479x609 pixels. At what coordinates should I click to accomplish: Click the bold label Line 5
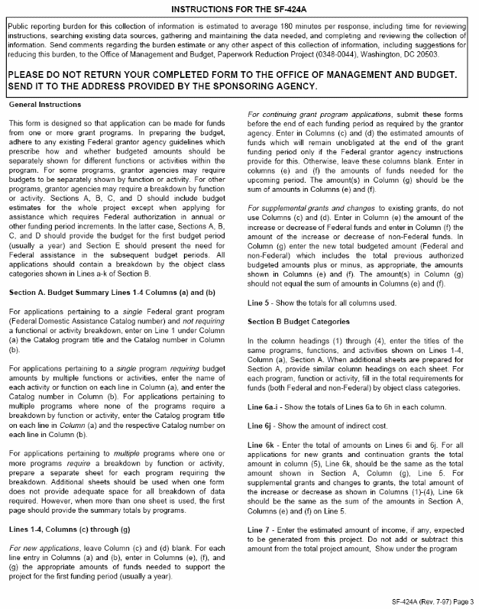point(261,303)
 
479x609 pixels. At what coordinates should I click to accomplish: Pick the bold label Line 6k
point(261,442)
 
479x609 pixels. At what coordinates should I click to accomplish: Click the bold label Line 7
point(261,529)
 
